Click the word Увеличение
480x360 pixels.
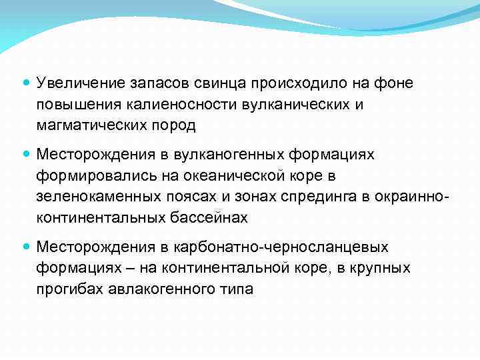point(80,83)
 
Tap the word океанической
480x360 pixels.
point(228,176)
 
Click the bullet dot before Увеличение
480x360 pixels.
point(26,83)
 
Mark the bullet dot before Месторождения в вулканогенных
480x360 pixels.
point(26,155)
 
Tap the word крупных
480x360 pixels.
point(387,269)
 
